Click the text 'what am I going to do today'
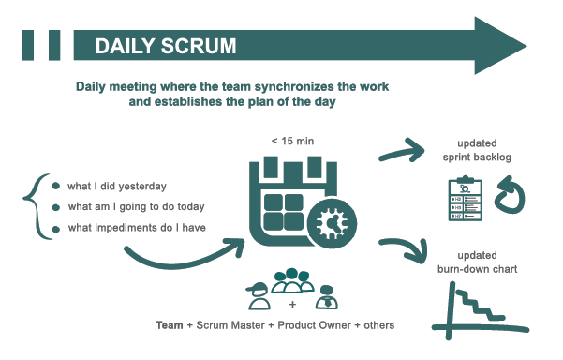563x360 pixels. (136, 206)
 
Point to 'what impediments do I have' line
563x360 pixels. (136, 228)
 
